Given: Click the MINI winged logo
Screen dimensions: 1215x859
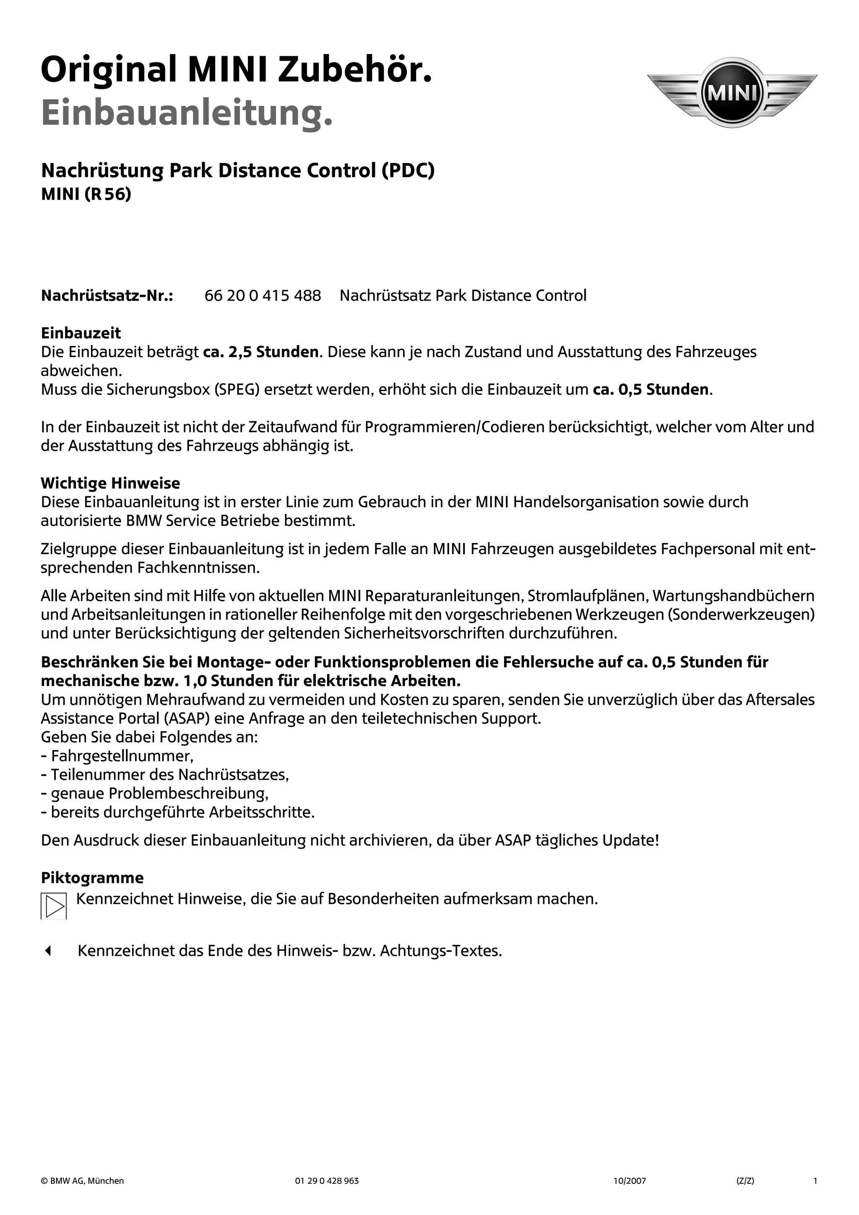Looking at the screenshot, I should pos(732,93).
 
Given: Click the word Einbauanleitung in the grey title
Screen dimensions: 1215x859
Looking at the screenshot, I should pos(187,113).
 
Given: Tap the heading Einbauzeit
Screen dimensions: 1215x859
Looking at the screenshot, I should pos(81,333).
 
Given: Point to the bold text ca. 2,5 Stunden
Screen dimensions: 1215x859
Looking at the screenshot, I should pos(261,352).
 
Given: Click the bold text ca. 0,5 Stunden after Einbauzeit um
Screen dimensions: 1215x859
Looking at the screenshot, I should pos(651,389).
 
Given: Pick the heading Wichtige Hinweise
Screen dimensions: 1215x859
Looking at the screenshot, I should pos(110,483).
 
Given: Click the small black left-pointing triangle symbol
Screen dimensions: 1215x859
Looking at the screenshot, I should pos(48,951).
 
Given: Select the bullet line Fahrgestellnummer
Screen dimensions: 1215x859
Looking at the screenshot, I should pos(117,755).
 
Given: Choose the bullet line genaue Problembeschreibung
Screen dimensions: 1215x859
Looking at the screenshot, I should pos(155,793).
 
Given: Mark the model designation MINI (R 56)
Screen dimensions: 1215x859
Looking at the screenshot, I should pos(86,194).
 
